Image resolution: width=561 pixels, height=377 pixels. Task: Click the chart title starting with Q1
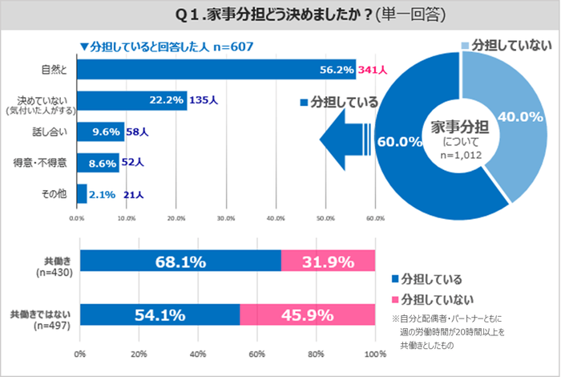tap(280, 15)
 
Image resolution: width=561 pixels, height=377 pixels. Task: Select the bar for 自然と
tap(216, 70)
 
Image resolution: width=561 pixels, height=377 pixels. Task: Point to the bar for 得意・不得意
tap(98, 162)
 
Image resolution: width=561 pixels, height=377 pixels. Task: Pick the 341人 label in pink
tap(373, 71)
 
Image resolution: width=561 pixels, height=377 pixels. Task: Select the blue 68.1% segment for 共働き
tap(180, 261)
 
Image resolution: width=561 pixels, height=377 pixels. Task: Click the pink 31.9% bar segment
tap(328, 261)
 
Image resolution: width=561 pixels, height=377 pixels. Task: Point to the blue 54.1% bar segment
tap(159, 315)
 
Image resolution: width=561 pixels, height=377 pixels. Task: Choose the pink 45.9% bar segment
tap(307, 315)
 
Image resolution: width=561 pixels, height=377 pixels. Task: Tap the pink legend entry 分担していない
tap(429, 300)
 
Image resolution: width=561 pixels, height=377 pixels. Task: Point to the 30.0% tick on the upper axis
tap(226, 217)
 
